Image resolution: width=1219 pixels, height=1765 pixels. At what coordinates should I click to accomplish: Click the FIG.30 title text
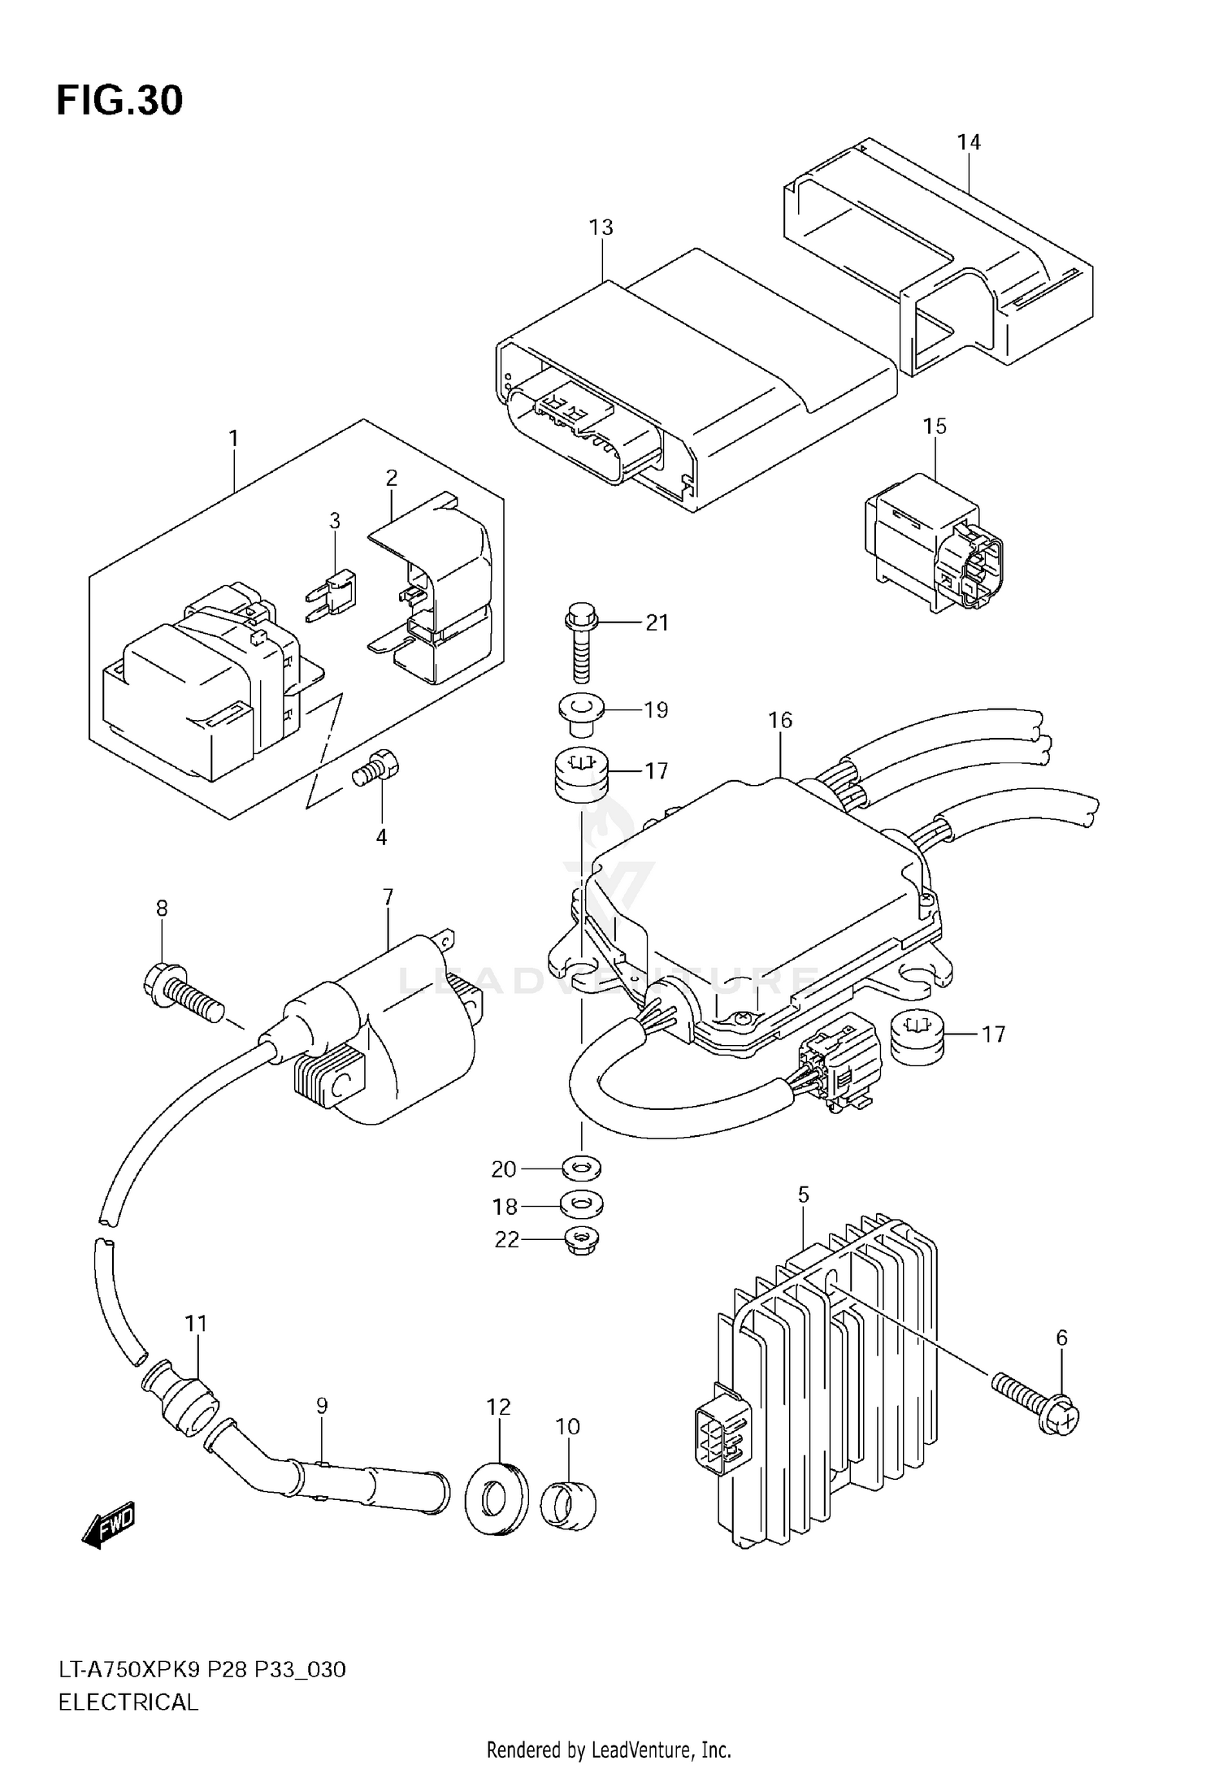119,101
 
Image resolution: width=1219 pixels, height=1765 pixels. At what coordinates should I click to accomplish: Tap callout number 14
969,142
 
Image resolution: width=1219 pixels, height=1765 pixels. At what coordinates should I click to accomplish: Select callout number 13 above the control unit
601,228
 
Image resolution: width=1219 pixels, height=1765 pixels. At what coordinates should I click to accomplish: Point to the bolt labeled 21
579,641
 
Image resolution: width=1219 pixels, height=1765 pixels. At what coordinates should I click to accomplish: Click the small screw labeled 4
376,768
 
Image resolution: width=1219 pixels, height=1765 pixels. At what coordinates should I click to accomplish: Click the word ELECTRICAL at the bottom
128,1702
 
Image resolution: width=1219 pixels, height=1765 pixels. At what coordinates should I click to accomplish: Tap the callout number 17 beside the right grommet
992,1034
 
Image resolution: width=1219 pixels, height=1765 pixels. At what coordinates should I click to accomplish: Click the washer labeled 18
582,1204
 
